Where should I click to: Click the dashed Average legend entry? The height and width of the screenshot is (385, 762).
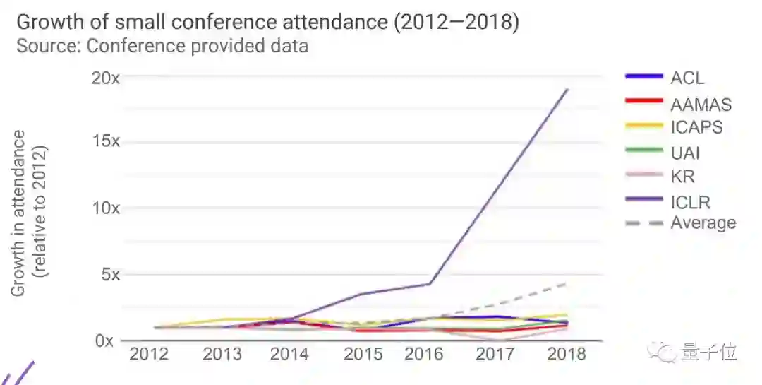click(x=702, y=223)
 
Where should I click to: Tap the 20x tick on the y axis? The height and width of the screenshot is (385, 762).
click(x=106, y=78)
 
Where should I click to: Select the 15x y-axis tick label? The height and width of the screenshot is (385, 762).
click(x=106, y=141)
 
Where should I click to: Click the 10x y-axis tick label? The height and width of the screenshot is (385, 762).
click(x=106, y=208)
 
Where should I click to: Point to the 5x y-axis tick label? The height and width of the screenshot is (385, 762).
click(x=110, y=274)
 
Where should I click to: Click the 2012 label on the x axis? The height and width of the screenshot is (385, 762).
click(x=149, y=353)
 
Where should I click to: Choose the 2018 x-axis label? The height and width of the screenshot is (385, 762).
click(x=567, y=353)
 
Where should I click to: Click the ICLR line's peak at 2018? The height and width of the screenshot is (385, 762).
click(x=567, y=90)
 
